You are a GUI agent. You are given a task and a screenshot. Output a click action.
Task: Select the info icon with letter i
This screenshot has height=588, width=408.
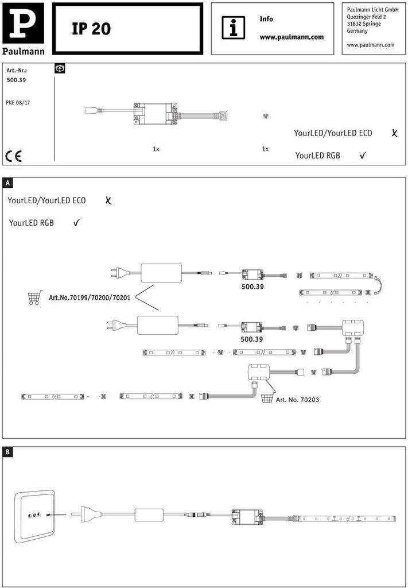(x=234, y=28)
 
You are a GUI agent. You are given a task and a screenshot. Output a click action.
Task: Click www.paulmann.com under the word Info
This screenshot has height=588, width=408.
(x=292, y=37)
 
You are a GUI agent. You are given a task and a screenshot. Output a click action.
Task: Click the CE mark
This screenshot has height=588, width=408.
(x=13, y=156)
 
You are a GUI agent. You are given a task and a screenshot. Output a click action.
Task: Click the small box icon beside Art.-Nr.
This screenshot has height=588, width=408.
(x=60, y=68)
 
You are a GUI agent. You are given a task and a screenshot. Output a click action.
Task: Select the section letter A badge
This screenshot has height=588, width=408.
(x=7, y=183)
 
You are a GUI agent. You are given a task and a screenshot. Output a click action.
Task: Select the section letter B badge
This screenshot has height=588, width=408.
(x=7, y=452)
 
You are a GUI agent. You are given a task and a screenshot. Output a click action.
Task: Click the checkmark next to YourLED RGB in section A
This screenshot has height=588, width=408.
(x=76, y=223)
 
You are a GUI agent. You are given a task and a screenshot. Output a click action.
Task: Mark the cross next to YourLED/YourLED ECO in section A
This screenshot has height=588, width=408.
(x=108, y=200)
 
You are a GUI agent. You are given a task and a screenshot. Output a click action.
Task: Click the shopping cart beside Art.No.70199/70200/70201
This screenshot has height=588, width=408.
(x=35, y=297)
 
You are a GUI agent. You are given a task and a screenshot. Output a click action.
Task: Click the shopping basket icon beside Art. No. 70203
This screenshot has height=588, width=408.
(x=267, y=399)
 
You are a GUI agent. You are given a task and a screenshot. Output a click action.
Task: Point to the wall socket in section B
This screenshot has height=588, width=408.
(x=34, y=515)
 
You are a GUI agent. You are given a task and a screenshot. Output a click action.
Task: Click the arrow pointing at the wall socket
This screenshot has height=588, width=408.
(x=56, y=515)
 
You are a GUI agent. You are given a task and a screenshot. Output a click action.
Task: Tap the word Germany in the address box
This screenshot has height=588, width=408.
(x=358, y=31)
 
